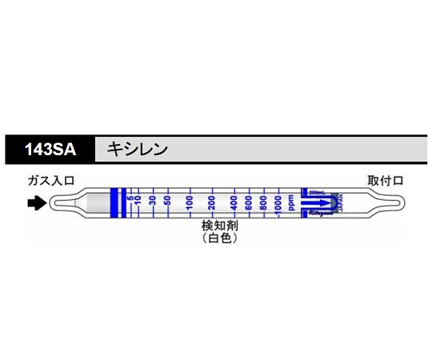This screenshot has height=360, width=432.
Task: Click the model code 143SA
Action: pyautogui.click(x=50, y=149)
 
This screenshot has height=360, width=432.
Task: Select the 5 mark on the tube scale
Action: pyautogui.click(x=130, y=202)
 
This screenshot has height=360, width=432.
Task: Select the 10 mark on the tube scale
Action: pyautogui.click(x=138, y=202)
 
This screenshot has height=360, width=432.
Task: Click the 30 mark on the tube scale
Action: pyautogui.click(x=152, y=202)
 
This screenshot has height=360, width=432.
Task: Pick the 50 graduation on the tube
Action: pyautogui.click(x=167, y=202)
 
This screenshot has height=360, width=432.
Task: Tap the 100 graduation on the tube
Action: pyautogui.click(x=190, y=202)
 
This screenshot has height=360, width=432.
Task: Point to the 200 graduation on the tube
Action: pyautogui.click(x=211, y=202)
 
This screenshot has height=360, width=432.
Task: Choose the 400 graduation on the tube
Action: pyautogui.click(x=234, y=202)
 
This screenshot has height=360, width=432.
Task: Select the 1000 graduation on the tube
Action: pyautogui.click(x=278, y=202)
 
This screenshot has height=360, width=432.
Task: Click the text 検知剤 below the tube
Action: pyautogui.click(x=219, y=226)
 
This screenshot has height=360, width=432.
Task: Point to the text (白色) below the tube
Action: pyautogui.click(x=219, y=239)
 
